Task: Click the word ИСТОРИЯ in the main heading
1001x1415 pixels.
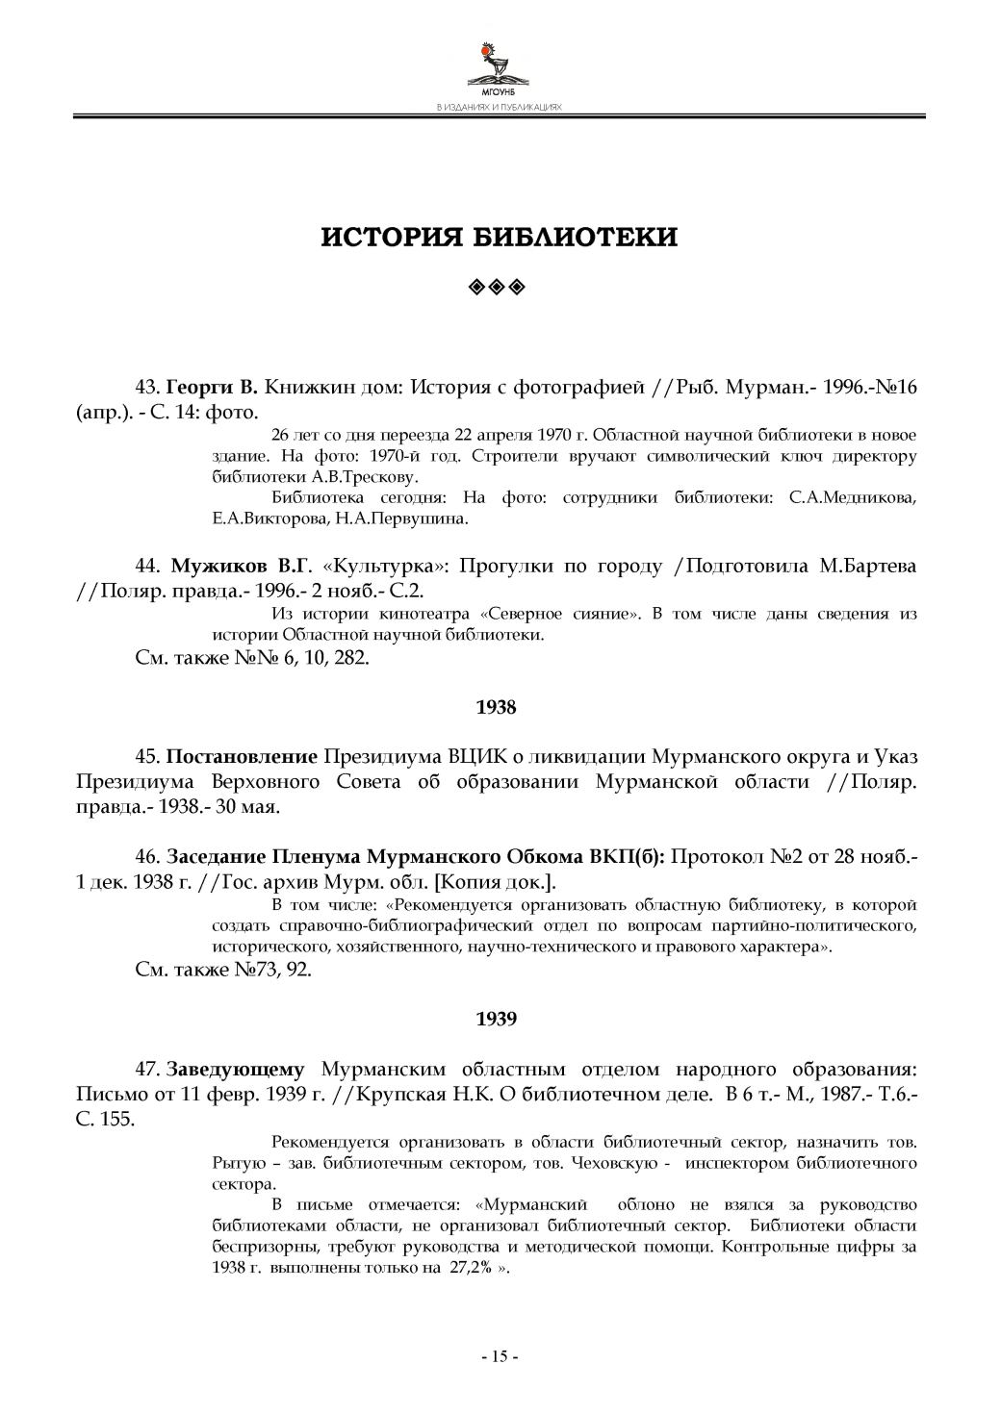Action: [387, 238]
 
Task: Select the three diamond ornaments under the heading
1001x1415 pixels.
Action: [499, 287]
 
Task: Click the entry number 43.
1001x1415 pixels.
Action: [146, 389]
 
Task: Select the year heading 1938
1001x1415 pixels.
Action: [497, 708]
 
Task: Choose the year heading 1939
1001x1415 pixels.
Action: [497, 1019]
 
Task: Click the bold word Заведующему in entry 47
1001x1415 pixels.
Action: [237, 1069]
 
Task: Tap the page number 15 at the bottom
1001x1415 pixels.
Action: [500, 1357]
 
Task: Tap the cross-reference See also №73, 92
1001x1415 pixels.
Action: [222, 971]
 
